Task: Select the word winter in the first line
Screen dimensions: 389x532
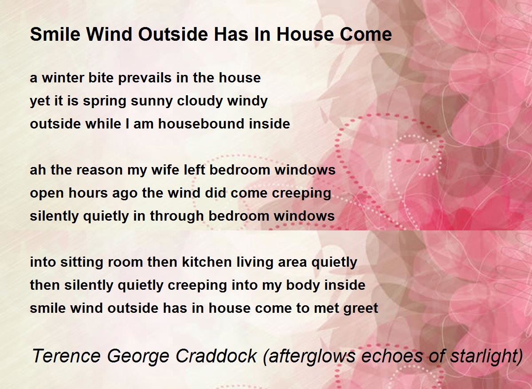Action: click(63, 78)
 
